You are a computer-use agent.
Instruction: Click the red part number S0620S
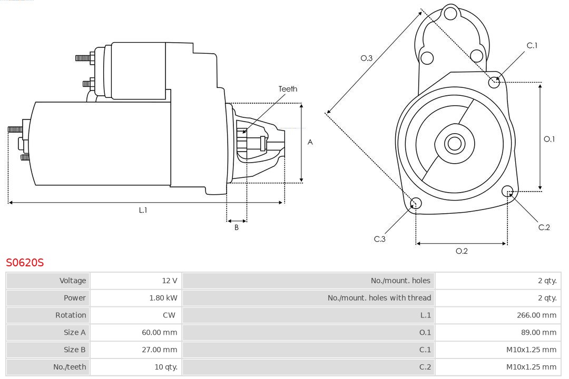25,262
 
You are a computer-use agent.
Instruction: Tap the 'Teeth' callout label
288,89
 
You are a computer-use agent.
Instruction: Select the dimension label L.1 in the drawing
143,210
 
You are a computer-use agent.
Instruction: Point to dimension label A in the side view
310,142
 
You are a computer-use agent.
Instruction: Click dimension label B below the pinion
237,228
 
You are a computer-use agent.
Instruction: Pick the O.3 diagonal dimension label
367,58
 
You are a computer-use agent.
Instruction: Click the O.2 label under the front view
462,251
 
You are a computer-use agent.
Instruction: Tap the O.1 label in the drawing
549,139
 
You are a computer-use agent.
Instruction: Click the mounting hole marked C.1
494,82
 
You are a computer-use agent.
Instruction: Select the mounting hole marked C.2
507,191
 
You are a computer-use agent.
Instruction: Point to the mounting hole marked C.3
416,204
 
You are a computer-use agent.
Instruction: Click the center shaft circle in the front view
454,143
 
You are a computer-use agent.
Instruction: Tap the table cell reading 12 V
170,281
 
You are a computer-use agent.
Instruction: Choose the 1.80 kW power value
163,298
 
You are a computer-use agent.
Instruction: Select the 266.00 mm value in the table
536,315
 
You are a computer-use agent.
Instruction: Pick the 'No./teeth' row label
70,367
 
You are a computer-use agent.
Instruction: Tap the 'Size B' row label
74,350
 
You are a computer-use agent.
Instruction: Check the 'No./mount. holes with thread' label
379,298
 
